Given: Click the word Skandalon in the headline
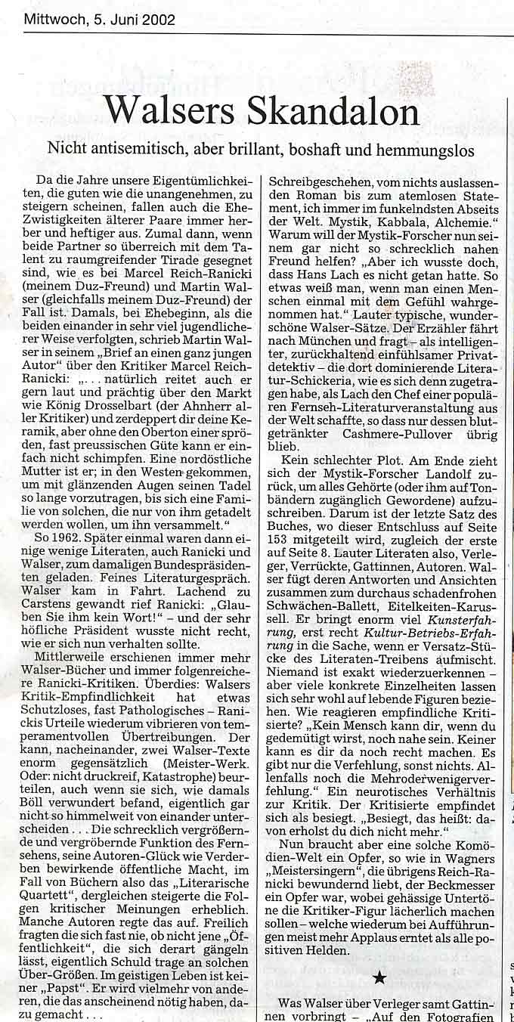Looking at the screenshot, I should [x=333, y=112].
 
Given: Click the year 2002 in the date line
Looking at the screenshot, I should [x=159, y=20].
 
